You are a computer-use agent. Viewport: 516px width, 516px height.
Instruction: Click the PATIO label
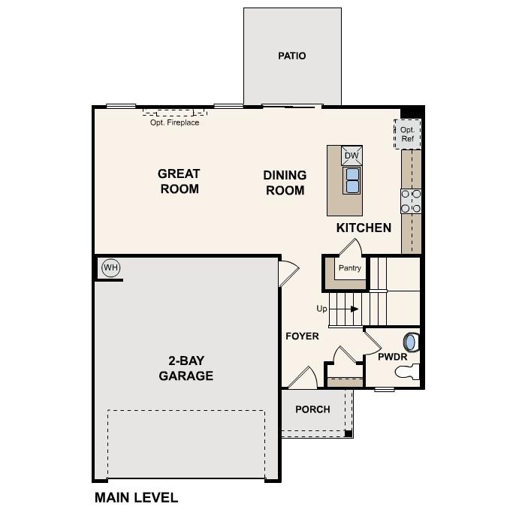pyautogui.click(x=291, y=56)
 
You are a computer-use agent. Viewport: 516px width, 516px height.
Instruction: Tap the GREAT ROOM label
pyautogui.click(x=179, y=181)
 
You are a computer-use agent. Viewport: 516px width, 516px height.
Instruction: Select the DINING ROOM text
pyautogui.click(x=285, y=183)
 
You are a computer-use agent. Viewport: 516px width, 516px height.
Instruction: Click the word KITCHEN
pyautogui.click(x=364, y=228)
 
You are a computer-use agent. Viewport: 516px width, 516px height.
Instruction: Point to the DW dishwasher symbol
pyautogui.click(x=352, y=155)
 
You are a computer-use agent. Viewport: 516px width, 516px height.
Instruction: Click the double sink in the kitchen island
pyautogui.click(x=352, y=180)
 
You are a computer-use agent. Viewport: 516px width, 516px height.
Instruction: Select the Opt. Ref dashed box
pyautogui.click(x=407, y=134)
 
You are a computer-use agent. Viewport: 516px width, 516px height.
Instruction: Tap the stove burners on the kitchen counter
pyautogui.click(x=411, y=201)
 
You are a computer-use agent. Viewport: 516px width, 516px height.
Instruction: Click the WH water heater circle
pyautogui.click(x=111, y=268)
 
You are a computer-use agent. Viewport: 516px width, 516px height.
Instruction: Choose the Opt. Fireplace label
pyautogui.click(x=174, y=122)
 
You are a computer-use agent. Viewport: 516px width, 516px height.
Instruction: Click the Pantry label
pyautogui.click(x=350, y=268)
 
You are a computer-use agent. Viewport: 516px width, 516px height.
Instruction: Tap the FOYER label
pyautogui.click(x=302, y=336)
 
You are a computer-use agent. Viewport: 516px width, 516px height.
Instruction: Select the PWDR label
pyautogui.click(x=391, y=357)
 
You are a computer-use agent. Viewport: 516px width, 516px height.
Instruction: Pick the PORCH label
pyautogui.click(x=312, y=409)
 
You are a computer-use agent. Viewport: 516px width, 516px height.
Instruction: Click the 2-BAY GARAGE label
pyautogui.click(x=186, y=368)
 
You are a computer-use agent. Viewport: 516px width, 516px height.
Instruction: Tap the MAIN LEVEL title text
pyautogui.click(x=136, y=497)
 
